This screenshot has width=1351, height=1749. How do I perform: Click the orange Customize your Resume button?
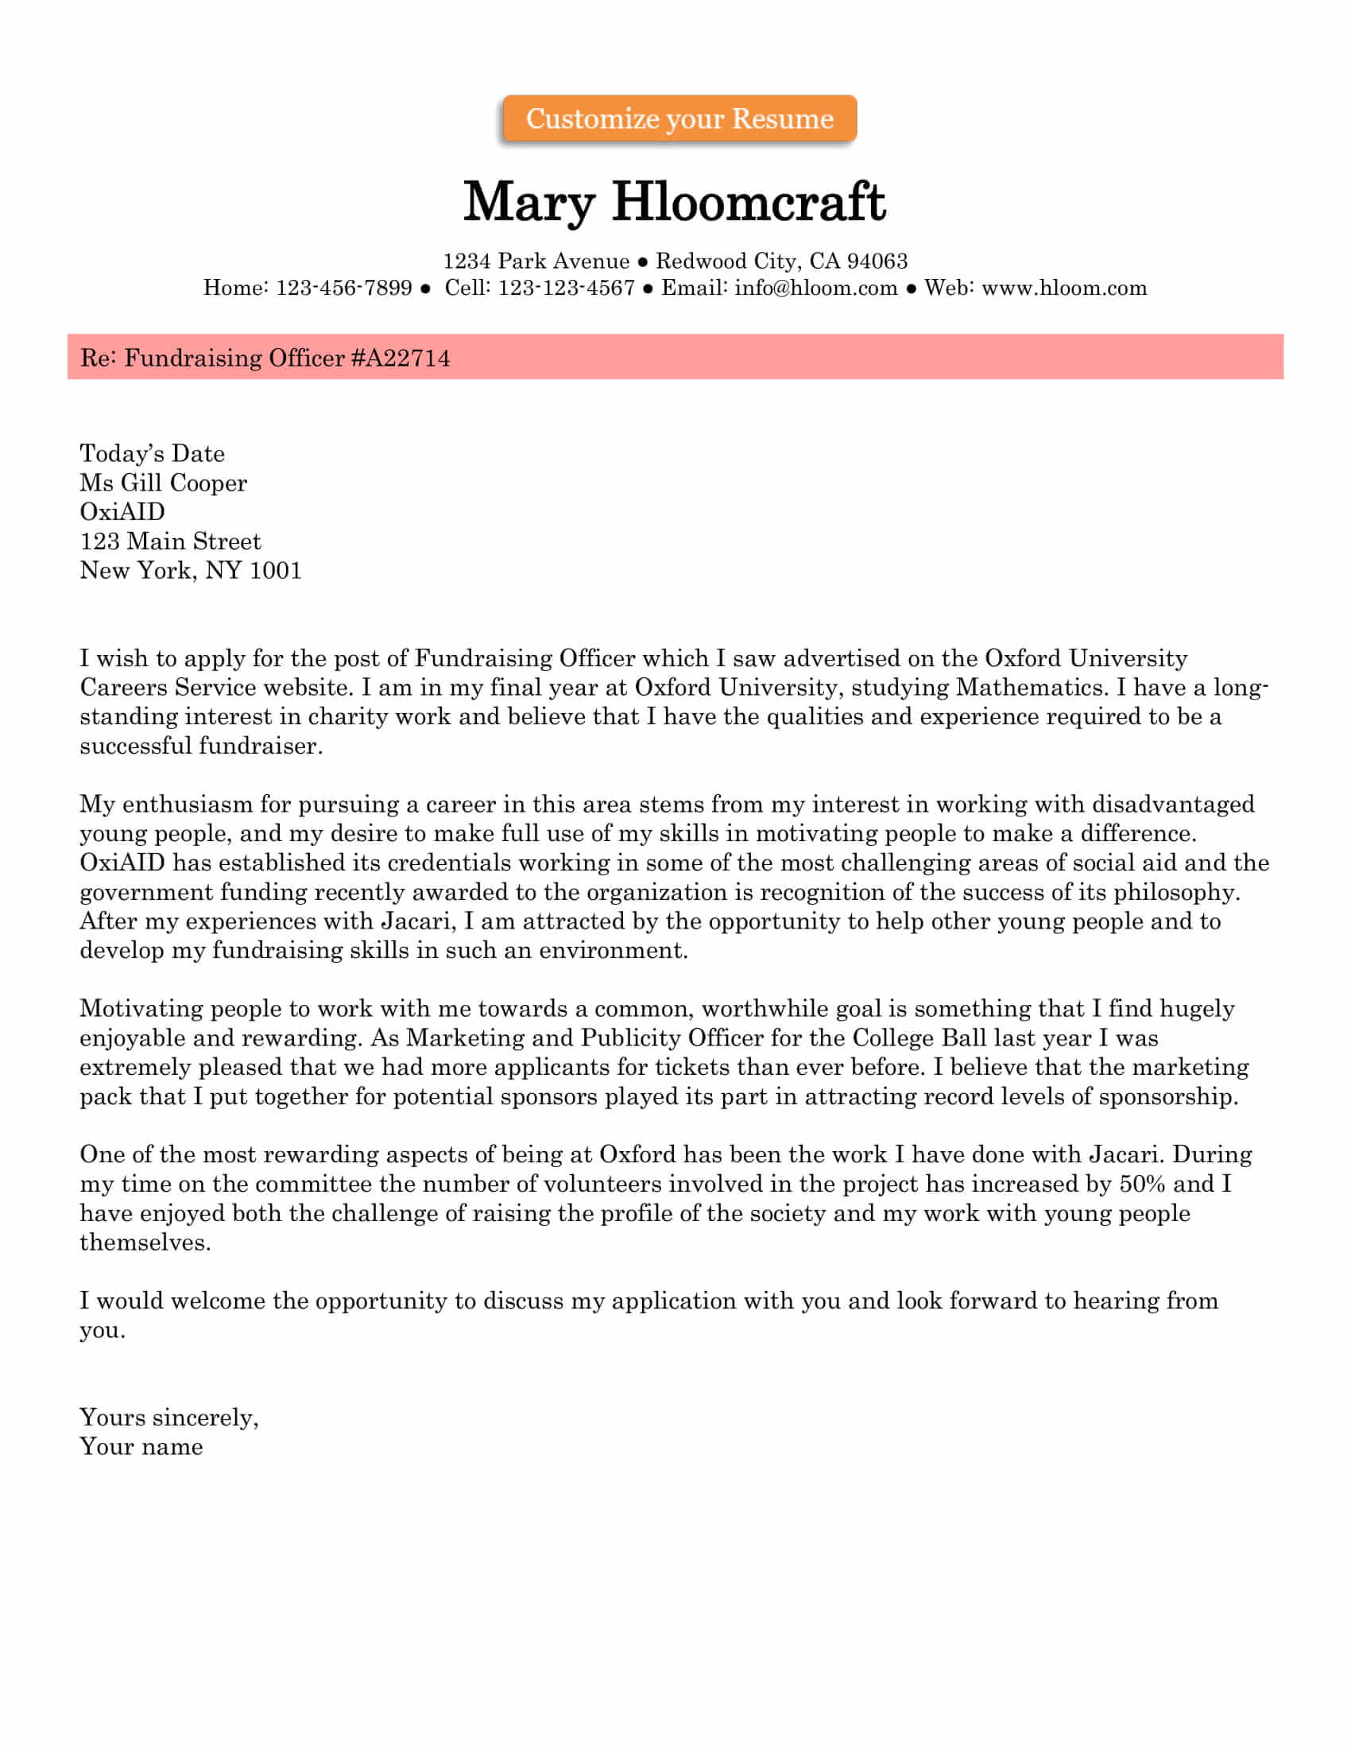pos(679,118)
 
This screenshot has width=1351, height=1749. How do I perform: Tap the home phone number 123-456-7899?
pos(344,288)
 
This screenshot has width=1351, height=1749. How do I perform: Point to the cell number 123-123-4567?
pos(566,288)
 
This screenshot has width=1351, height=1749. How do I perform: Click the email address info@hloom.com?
pos(815,288)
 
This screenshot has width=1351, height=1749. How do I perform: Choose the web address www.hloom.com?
pos(1063,288)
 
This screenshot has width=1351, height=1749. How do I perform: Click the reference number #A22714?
pos(401,358)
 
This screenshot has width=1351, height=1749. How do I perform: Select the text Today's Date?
pos(152,454)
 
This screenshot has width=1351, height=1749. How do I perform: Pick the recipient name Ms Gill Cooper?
pos(163,483)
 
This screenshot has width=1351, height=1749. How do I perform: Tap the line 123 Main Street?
pos(171,541)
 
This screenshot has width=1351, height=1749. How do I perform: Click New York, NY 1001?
pos(191,570)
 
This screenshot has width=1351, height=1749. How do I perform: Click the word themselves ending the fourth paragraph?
pos(145,1242)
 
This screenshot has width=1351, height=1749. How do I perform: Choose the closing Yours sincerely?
pos(168,1417)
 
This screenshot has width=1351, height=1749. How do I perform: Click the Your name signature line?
pos(141,1446)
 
